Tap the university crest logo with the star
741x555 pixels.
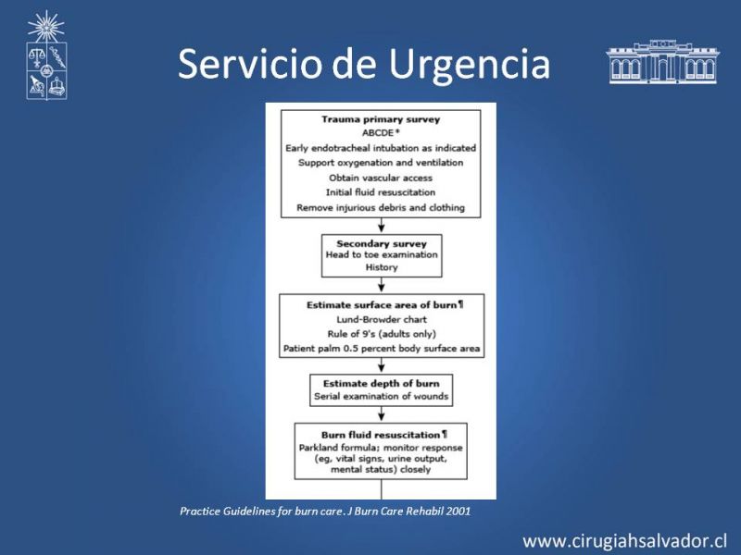point(46,55)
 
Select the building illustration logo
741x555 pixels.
point(662,62)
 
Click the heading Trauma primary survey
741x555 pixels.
point(381,119)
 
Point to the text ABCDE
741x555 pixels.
point(378,133)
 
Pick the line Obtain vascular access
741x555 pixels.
point(381,178)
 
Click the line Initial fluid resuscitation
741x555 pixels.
point(381,192)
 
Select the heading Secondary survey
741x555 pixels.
point(382,244)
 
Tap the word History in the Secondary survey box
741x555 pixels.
point(382,267)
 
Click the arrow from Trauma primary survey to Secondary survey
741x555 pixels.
point(382,226)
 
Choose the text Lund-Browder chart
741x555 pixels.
point(382,319)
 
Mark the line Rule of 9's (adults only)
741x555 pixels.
point(382,334)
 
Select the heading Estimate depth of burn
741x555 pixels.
point(382,384)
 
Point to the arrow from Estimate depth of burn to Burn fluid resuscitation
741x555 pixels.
point(382,414)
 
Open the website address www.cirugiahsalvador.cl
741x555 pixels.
point(624,540)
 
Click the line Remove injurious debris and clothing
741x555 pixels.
point(381,207)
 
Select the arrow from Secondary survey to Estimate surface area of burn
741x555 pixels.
point(382,286)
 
